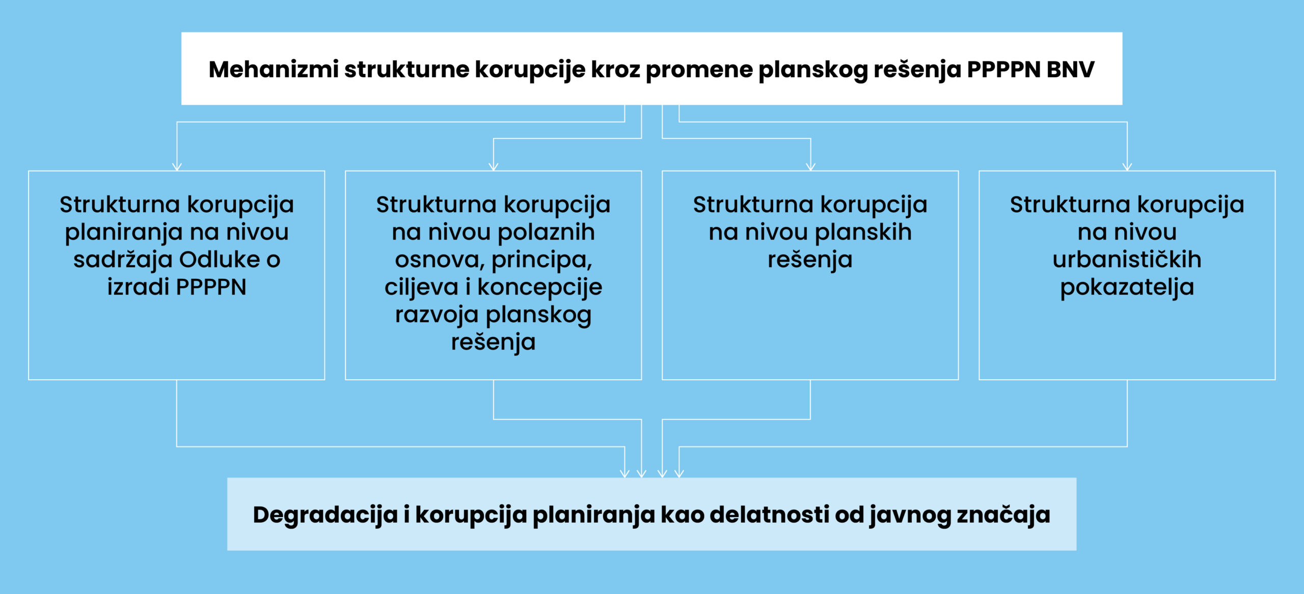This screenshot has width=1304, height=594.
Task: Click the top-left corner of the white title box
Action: tap(182, 33)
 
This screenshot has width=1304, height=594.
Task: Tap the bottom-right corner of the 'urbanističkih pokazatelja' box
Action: tap(1275, 379)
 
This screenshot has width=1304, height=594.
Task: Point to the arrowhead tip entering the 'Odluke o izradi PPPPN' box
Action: tap(177, 171)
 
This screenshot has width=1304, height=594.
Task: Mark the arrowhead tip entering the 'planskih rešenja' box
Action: tap(810, 171)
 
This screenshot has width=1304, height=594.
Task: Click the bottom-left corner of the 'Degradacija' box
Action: tap(227, 550)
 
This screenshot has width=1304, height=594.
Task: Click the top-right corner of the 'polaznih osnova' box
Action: tap(641, 171)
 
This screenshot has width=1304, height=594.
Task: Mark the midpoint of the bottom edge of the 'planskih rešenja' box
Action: tap(810, 379)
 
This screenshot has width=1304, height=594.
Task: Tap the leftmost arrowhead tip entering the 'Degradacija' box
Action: tap(624, 477)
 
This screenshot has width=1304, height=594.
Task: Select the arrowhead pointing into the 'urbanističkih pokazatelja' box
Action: tap(1127, 167)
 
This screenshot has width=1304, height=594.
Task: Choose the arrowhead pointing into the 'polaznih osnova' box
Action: tap(494, 167)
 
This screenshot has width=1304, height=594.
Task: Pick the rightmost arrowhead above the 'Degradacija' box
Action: tap(679, 473)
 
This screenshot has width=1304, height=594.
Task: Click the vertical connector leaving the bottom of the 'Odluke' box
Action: tap(177, 413)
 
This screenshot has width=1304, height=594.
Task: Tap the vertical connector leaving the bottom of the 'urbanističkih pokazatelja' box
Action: tap(1127, 413)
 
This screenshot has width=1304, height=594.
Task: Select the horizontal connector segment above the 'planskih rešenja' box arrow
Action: tap(736, 138)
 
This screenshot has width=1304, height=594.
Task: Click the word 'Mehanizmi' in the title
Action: tap(274, 69)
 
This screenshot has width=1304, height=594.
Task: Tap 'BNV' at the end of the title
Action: tap(1070, 69)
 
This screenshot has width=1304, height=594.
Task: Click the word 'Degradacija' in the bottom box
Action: tap(325, 515)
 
